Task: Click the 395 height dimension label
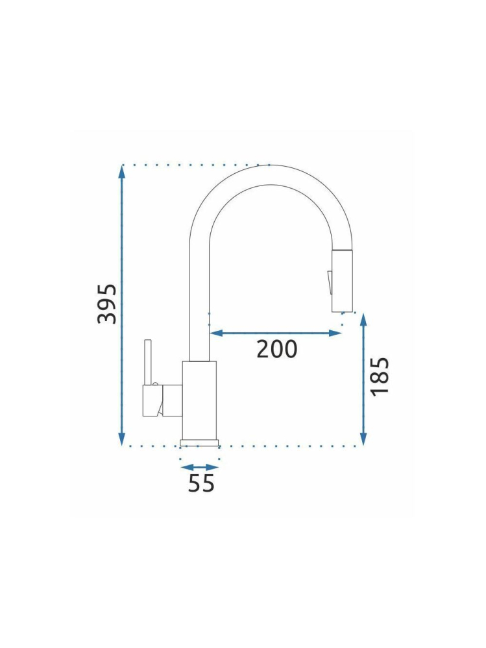click(108, 304)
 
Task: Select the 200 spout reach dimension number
click(276, 349)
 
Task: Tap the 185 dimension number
click(380, 376)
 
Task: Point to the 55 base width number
click(201, 483)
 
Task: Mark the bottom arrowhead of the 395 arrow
click(122, 440)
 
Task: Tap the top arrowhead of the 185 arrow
click(363, 318)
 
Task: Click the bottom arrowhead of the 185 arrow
click(363, 440)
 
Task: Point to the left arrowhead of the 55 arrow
click(185, 466)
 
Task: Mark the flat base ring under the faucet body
click(199, 443)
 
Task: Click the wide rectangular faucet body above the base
click(199, 400)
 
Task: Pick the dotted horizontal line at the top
click(195, 165)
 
